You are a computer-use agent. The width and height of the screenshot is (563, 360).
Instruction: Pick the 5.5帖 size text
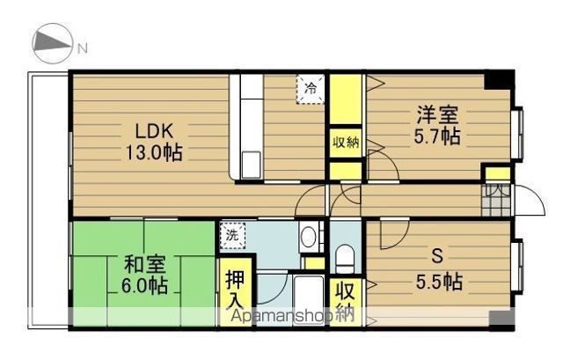click(436, 283)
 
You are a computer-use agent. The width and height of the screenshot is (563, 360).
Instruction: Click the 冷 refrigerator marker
click(310, 88)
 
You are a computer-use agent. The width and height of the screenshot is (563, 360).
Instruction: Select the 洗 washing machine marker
click(231, 236)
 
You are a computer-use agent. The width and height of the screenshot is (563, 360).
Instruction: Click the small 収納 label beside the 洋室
click(345, 143)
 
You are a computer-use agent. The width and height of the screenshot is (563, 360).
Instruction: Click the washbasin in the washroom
click(309, 235)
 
